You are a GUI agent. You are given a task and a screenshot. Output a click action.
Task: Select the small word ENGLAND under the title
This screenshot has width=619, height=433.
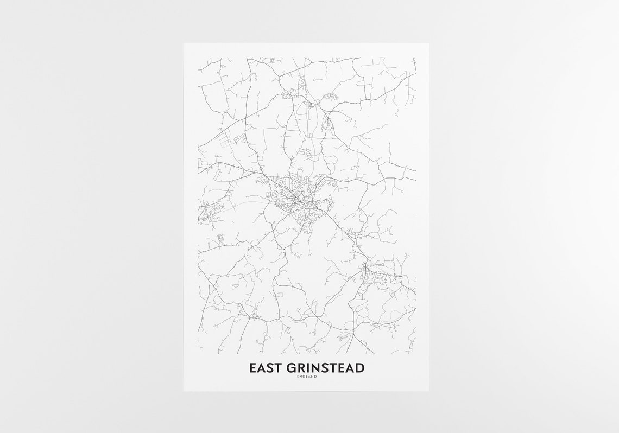(307, 378)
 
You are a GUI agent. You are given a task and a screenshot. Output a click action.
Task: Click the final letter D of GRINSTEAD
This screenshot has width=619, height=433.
(360, 368)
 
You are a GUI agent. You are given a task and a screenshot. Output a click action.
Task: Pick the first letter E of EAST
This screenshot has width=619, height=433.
(252, 368)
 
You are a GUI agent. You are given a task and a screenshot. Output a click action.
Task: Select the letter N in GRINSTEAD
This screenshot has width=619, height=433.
(310, 368)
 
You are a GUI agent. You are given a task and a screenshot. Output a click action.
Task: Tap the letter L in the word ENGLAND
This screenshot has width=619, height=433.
(307, 378)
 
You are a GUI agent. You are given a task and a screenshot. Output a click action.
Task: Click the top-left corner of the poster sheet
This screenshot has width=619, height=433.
(184, 44)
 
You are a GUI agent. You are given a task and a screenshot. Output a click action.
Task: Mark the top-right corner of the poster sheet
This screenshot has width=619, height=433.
(429, 44)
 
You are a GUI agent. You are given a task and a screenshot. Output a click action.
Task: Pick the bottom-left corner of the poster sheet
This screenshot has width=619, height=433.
(184, 390)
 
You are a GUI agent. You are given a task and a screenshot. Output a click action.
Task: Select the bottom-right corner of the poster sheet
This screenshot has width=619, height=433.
(429, 390)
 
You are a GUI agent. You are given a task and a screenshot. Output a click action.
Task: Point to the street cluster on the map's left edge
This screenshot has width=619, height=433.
(209, 211)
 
